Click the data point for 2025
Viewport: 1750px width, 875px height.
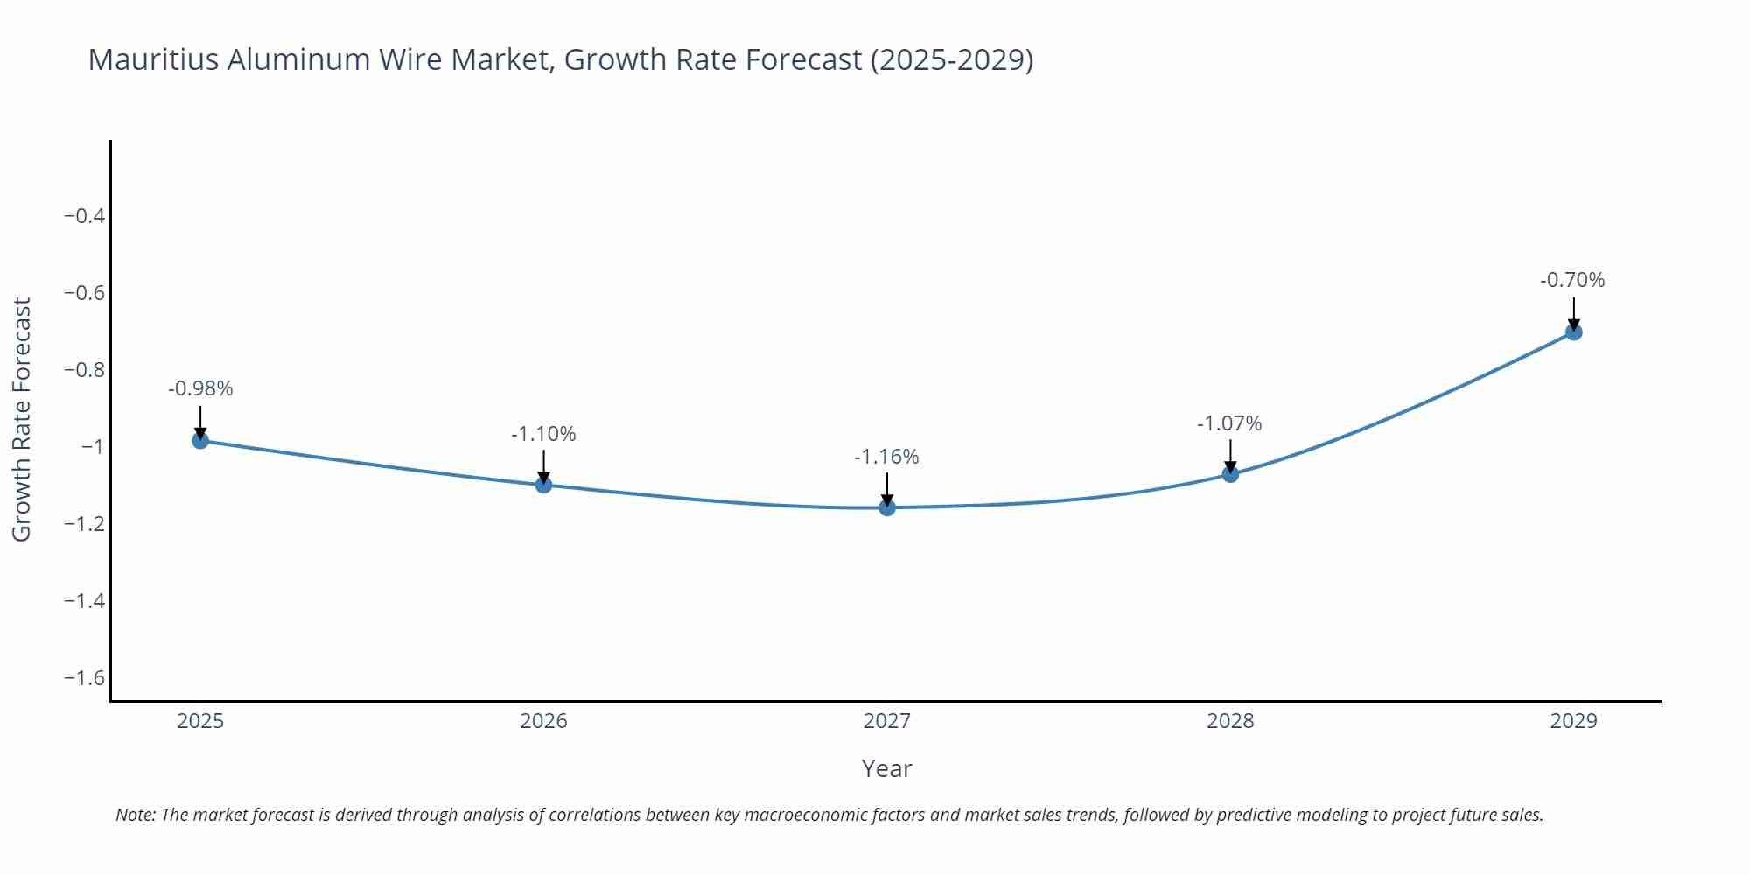(x=200, y=440)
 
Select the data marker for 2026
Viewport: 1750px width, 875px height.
(x=543, y=485)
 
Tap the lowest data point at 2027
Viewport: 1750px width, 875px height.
(x=887, y=507)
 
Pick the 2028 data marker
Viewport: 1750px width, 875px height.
(x=1230, y=474)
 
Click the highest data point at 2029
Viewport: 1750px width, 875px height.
(x=1573, y=332)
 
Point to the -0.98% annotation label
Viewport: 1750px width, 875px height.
(x=200, y=388)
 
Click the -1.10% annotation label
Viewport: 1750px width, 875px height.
(x=543, y=434)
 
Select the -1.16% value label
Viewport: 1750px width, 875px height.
(x=886, y=457)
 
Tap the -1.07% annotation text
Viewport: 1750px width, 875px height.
(x=1229, y=423)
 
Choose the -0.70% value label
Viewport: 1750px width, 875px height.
(x=1572, y=280)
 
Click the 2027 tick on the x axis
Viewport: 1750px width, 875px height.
(x=886, y=721)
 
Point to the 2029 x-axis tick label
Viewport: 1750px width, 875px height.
(x=1573, y=721)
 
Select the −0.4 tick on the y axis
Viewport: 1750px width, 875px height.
(x=84, y=216)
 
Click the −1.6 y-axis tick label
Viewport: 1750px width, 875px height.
(x=84, y=678)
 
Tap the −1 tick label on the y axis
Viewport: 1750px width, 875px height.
(x=92, y=447)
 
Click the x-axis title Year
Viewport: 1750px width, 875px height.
(x=886, y=768)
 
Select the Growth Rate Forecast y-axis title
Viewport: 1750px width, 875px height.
(x=21, y=419)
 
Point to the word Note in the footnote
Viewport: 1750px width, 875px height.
(x=135, y=815)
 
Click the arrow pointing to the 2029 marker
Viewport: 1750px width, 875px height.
(x=1573, y=312)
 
